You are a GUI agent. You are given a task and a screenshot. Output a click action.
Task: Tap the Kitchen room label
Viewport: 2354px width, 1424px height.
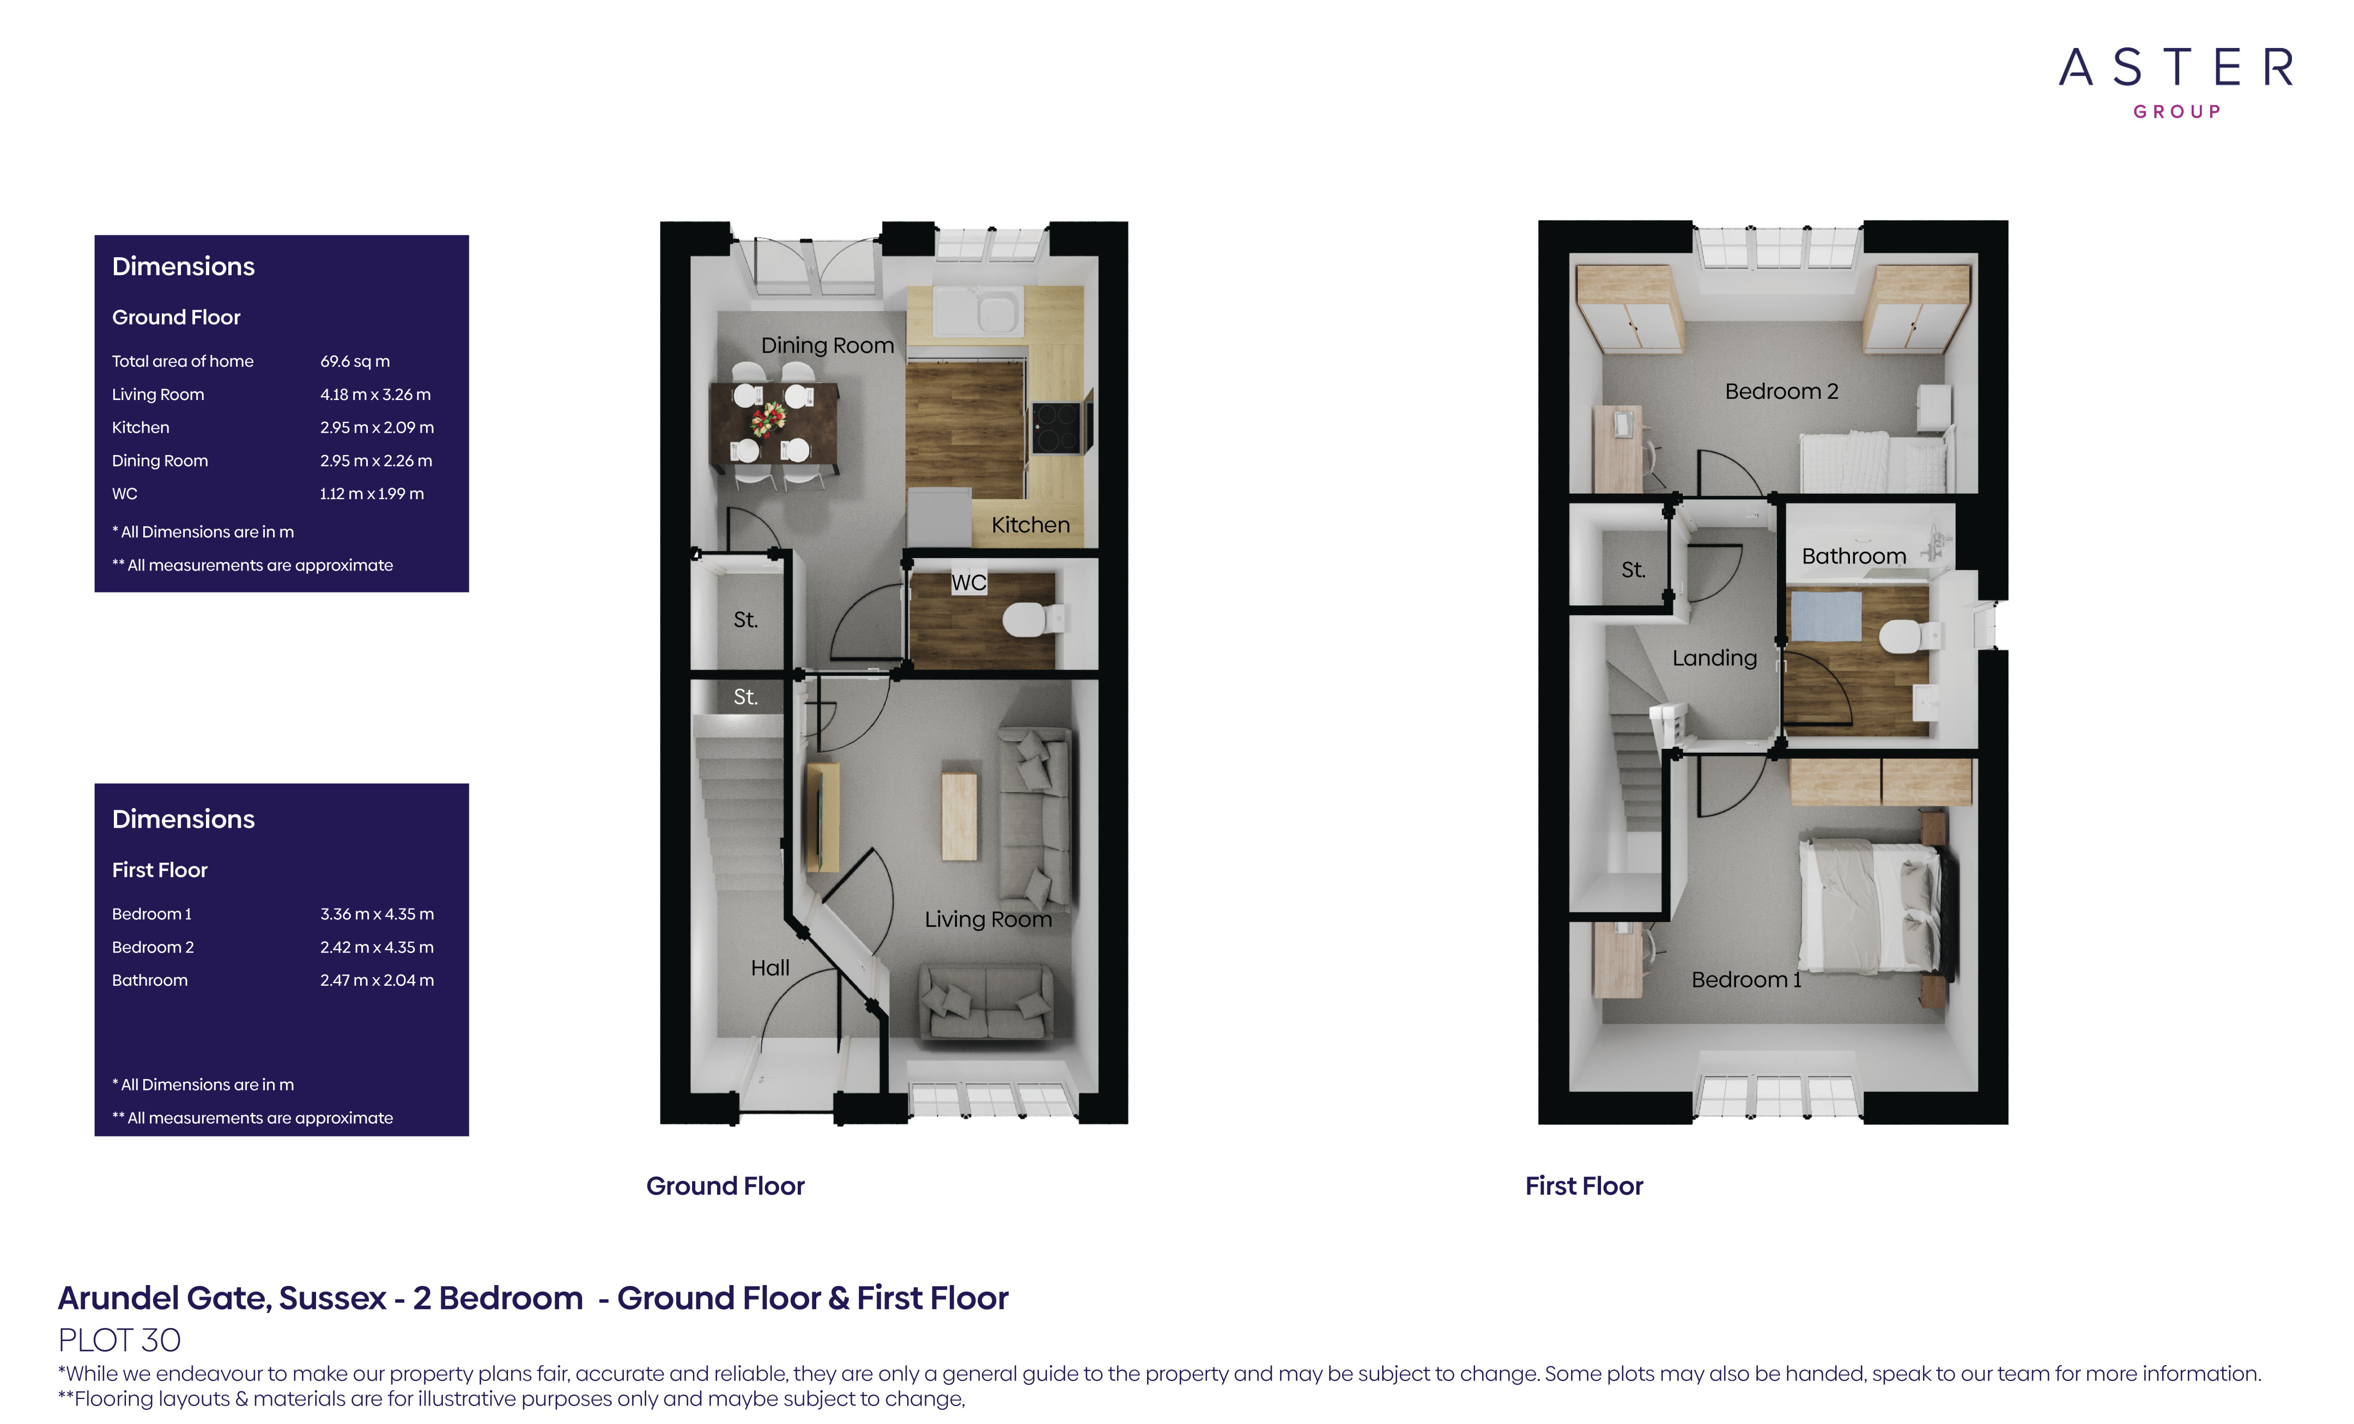(x=1030, y=525)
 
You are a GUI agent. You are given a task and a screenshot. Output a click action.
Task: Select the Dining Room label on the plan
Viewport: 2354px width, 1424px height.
(x=827, y=345)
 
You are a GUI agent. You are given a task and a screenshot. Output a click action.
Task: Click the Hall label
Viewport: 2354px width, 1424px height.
(x=769, y=968)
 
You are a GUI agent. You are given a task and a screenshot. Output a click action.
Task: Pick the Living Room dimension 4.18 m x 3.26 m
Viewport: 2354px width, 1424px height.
(x=374, y=395)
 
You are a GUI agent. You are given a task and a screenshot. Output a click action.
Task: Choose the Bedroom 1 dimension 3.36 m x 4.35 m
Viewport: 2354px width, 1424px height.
(x=377, y=914)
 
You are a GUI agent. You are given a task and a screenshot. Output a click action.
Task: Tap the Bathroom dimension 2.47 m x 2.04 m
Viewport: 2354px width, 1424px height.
(x=377, y=980)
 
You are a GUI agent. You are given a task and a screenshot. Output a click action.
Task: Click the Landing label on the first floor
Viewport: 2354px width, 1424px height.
(x=1714, y=658)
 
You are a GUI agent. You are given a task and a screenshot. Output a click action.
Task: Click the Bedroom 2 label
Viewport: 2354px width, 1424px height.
(x=1781, y=391)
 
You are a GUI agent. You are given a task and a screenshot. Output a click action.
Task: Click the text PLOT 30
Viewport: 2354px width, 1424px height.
(x=119, y=1340)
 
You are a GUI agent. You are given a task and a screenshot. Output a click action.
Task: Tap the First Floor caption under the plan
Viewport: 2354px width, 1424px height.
(x=1583, y=1186)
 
